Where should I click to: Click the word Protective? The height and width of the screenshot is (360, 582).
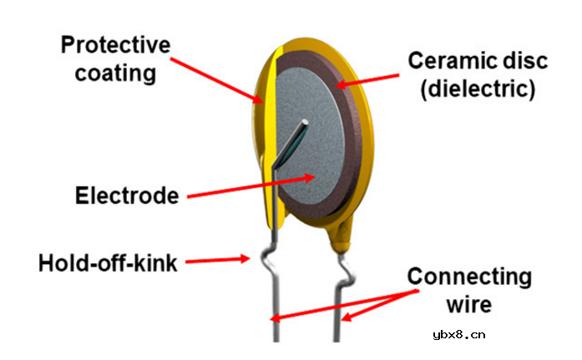pos(115,44)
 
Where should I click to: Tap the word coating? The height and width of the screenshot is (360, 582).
pos(115,74)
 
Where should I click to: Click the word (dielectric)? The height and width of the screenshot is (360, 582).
pos(478,89)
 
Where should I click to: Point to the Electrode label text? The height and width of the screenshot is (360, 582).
pos(127,195)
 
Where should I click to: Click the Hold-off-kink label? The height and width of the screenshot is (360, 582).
pos(108,263)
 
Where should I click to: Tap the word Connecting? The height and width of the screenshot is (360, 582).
pos(469,277)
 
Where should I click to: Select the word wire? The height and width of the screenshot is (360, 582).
pos(469,305)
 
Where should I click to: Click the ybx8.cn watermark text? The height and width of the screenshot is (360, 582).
pos(458,335)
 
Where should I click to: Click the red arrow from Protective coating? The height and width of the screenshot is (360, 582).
pos(217,80)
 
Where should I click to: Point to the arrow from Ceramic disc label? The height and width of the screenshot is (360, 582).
pos(367,81)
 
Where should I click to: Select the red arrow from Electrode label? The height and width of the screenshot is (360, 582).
pos(251,187)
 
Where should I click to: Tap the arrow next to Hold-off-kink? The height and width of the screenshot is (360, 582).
pos(217,260)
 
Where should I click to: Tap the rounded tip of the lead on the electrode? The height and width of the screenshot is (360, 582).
pos(305,122)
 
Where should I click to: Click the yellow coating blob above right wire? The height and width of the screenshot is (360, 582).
pos(340,236)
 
